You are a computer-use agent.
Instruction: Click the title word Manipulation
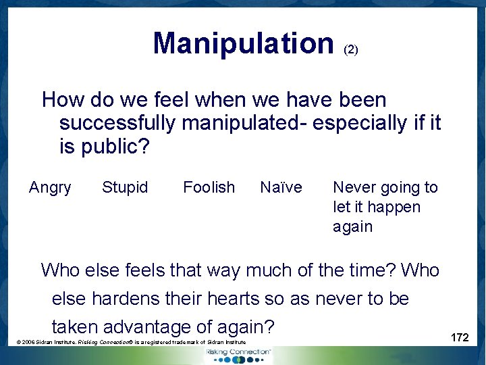[x=243, y=43]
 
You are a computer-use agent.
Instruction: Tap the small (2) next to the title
[x=351, y=49]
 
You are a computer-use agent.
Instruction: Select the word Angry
[x=50, y=187]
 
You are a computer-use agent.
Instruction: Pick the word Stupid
[x=125, y=187]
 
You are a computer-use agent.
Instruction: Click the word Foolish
[x=209, y=187]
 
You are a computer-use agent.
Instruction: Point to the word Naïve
[x=281, y=187]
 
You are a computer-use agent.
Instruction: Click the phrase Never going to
[x=385, y=187]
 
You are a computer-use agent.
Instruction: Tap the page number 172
[x=460, y=337]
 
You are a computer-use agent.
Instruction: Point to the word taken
[x=75, y=327]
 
